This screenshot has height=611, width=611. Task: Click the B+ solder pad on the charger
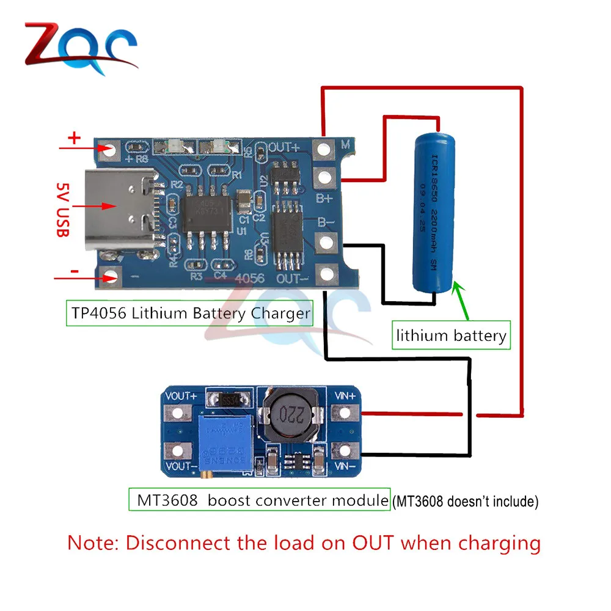(x=321, y=178)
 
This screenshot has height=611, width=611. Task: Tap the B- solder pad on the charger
(x=321, y=243)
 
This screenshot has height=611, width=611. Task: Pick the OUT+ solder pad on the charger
(x=321, y=148)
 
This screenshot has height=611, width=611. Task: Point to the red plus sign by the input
(x=74, y=138)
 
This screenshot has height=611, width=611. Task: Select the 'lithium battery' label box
(x=451, y=335)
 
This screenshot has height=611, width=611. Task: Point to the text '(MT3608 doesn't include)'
(x=465, y=502)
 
